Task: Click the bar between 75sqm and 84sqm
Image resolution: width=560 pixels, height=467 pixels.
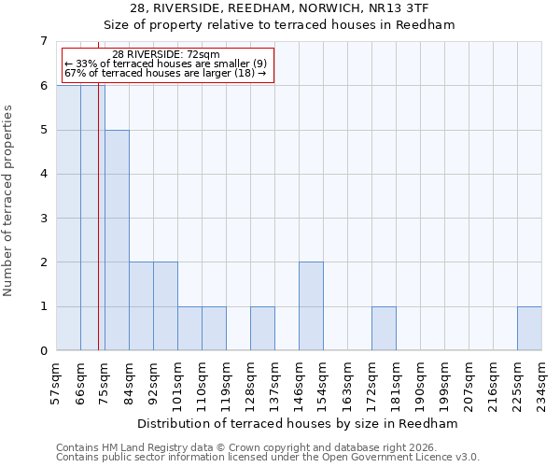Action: click(x=117, y=240)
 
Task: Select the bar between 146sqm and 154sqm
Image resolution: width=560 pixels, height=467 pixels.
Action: click(x=311, y=306)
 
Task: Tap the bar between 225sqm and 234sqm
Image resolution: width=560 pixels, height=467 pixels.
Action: click(x=529, y=329)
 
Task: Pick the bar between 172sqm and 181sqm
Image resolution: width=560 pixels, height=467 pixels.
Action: click(x=384, y=329)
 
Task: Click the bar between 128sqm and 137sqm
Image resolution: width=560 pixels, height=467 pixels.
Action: click(x=262, y=329)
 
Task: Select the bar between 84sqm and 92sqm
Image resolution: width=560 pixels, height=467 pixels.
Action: click(x=141, y=306)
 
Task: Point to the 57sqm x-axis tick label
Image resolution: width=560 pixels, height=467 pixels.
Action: click(x=57, y=382)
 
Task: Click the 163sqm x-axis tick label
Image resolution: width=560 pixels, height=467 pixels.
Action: click(x=348, y=382)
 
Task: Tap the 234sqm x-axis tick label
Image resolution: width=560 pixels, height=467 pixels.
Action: click(x=542, y=382)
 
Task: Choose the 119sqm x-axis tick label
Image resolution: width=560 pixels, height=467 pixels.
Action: click(x=227, y=382)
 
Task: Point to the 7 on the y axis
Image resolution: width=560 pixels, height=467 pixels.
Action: click(x=43, y=41)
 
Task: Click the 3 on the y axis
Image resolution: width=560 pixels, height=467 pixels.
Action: click(x=43, y=219)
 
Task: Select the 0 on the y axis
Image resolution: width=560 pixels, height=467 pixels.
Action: click(x=43, y=351)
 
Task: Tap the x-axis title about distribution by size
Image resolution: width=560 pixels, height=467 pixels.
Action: click(x=299, y=423)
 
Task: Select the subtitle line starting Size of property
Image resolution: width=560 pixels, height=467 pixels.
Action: click(x=279, y=25)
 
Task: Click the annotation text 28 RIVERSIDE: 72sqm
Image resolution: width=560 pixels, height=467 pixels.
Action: click(x=165, y=55)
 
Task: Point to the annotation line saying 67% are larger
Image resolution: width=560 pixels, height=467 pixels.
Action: click(x=165, y=73)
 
